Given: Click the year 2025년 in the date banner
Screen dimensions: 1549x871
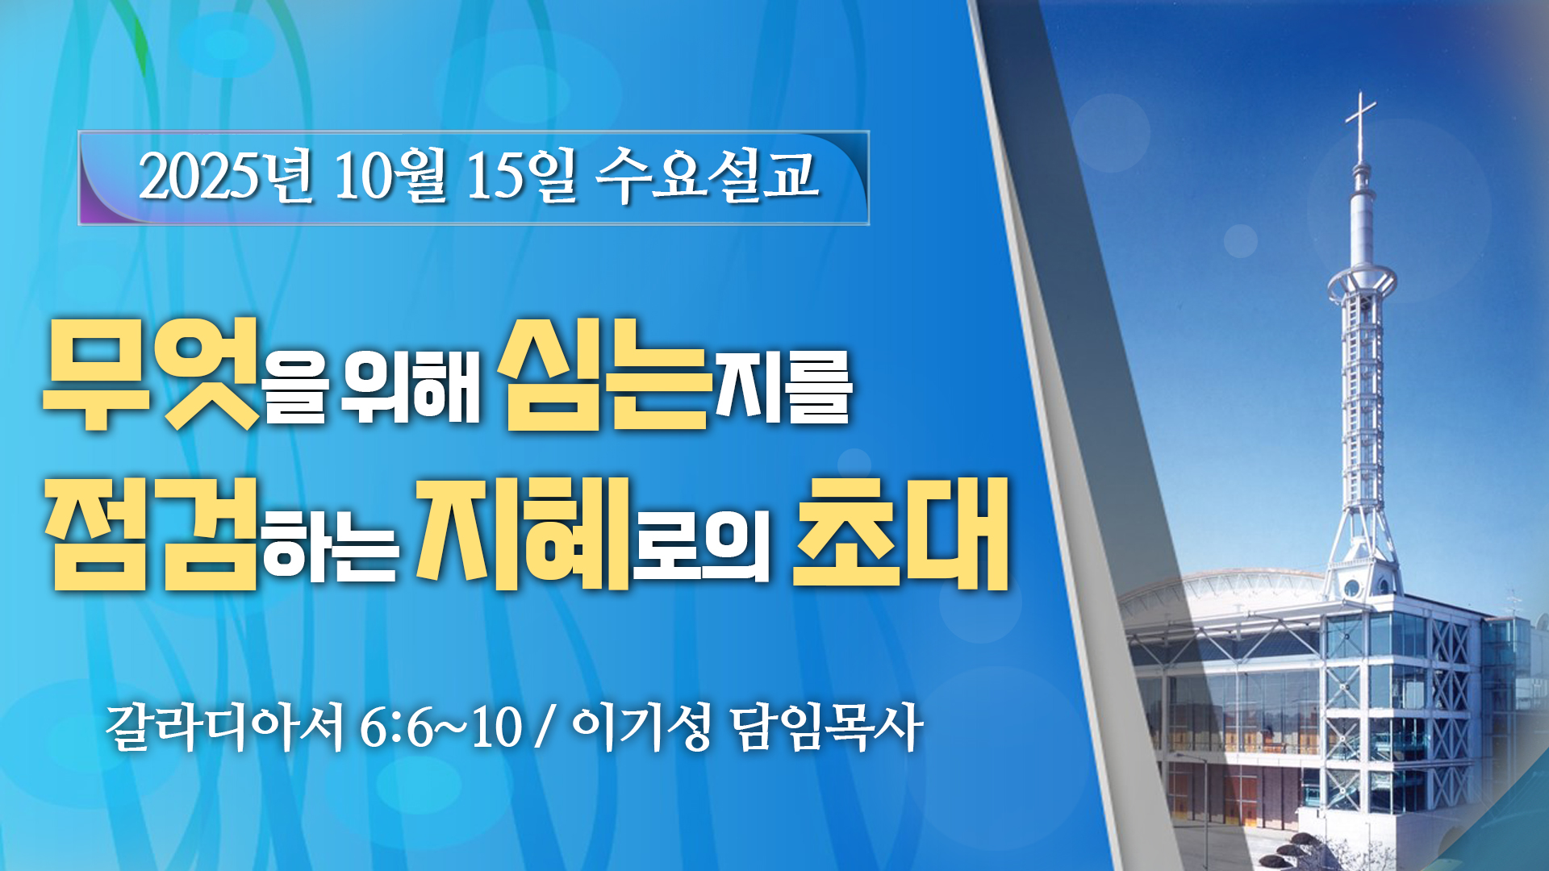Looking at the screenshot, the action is (x=225, y=176).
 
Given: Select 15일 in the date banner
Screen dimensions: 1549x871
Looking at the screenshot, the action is (x=521, y=176).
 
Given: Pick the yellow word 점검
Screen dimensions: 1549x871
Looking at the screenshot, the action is (x=151, y=533).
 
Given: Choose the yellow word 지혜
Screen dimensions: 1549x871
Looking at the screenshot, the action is (x=523, y=533).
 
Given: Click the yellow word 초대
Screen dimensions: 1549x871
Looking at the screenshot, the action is (x=900, y=533).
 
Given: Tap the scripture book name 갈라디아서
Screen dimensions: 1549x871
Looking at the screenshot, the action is (x=226, y=727).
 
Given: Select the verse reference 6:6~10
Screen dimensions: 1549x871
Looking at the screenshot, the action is (x=440, y=728).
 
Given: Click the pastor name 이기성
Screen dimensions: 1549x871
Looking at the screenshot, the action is (x=641, y=727).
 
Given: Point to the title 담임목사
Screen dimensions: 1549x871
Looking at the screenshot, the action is (x=827, y=727).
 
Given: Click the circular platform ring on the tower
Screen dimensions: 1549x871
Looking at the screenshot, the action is (x=1362, y=281).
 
